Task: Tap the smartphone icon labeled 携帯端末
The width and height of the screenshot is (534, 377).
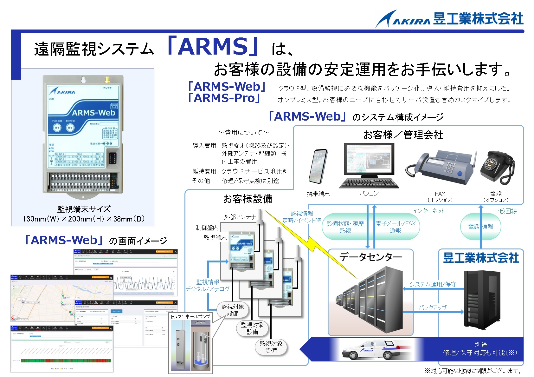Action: tap(318, 166)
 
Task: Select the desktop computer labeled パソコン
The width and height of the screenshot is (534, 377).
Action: tap(369, 165)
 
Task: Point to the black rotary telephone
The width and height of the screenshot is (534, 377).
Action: tap(495, 167)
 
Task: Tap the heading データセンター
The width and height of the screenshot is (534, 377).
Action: tap(370, 257)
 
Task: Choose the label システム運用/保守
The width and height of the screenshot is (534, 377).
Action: tap(433, 284)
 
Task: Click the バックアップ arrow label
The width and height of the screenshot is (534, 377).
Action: tap(433, 308)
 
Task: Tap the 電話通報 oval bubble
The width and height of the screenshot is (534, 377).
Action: tap(480, 227)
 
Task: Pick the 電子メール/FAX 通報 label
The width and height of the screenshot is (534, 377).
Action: tap(395, 227)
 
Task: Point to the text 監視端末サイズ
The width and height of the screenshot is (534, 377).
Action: tap(84, 209)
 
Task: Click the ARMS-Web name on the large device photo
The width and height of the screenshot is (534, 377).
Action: tap(93, 113)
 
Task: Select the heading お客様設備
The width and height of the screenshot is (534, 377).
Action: tap(248, 199)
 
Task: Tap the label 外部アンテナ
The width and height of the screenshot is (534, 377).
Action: tap(240, 217)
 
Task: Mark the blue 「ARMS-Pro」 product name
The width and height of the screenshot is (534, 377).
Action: tap(224, 98)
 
